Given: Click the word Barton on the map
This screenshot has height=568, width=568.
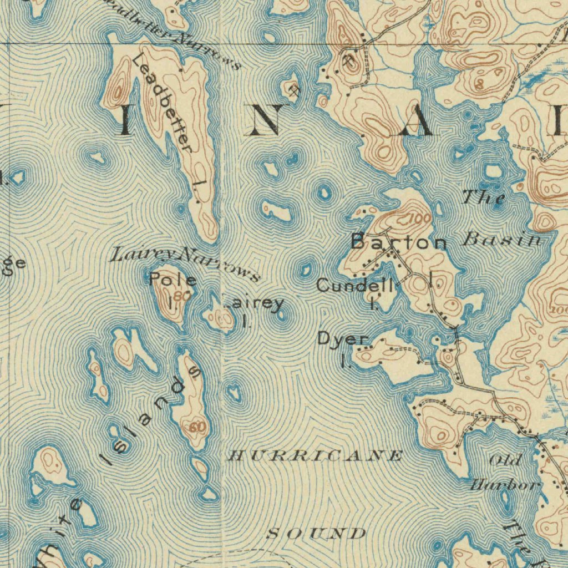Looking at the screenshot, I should tap(399, 242).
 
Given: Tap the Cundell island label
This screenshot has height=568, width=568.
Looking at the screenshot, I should tap(355, 286).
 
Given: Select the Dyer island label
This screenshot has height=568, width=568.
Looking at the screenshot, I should tap(343, 339).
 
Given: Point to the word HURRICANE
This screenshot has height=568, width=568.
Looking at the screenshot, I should tap(316, 456).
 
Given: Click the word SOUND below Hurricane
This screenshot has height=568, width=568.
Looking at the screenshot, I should tap(316, 534).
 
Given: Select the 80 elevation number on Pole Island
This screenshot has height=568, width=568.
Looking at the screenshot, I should tap(181, 296).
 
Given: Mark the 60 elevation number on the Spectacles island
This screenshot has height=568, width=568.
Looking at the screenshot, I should tap(196, 427).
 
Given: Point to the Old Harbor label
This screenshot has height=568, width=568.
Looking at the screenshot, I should tap(505, 473).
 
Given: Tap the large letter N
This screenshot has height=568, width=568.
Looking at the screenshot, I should tap(265, 120).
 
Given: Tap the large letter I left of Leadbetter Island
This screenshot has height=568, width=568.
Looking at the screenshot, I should tap(125, 120).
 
